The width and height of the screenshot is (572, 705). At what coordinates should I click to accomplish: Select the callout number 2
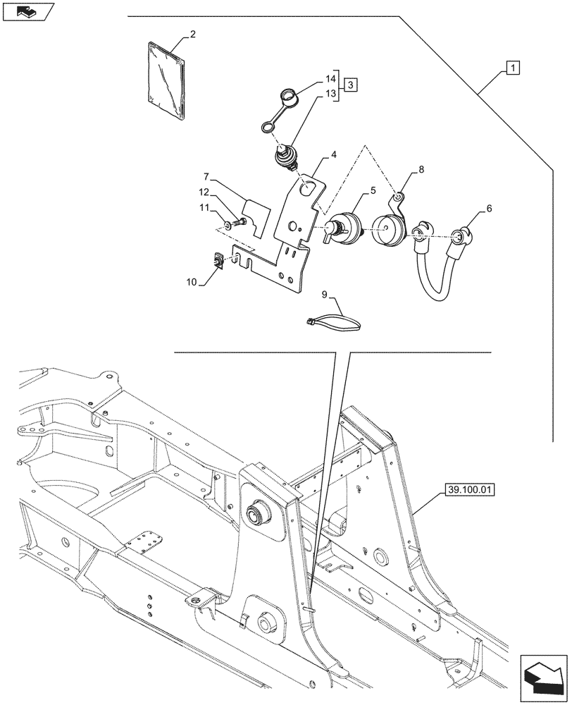pos(193,34)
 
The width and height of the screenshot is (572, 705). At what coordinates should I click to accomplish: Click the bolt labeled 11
pos(233,224)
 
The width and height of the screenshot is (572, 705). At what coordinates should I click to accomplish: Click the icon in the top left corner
pos(27,11)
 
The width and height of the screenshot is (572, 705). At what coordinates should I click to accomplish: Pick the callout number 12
pos(204,192)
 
